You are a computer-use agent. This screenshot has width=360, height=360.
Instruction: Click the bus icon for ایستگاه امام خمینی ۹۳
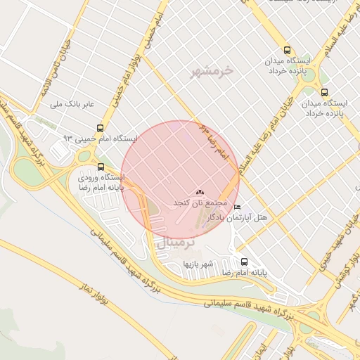(101, 129)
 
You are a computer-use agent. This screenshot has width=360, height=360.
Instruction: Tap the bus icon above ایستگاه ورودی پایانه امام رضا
(101, 167)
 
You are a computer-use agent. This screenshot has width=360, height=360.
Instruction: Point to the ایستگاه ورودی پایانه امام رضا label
(101, 183)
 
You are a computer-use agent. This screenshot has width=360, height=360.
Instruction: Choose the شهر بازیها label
(198, 264)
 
